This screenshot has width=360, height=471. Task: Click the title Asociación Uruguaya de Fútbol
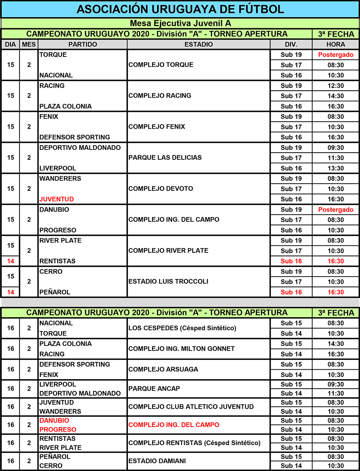tap(180, 9)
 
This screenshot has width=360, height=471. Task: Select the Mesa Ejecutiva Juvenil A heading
tap(180, 24)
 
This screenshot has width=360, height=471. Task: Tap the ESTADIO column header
tap(198, 44)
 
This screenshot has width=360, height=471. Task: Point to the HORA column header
tap(335, 44)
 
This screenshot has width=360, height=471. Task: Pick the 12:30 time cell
tap(335, 86)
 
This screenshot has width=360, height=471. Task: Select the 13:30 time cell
tap(335, 168)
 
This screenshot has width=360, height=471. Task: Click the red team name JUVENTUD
tap(56, 199)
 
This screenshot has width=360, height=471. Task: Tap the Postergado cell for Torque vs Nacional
tap(335, 55)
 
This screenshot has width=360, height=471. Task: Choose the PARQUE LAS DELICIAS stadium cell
tap(165, 158)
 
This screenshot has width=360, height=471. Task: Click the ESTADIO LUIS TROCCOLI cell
tap(168, 281)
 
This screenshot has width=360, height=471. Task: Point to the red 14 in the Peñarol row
tap(11, 292)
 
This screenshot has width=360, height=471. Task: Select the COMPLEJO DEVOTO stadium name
tap(161, 189)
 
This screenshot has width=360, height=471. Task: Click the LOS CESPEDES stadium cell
tap(182, 328)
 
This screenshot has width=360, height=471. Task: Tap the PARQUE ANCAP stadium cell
tap(154, 389)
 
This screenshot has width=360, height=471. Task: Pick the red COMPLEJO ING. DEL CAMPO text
tap(174, 425)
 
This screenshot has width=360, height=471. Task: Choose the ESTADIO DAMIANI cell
tap(157, 461)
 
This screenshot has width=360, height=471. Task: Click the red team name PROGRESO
tap(58, 429)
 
